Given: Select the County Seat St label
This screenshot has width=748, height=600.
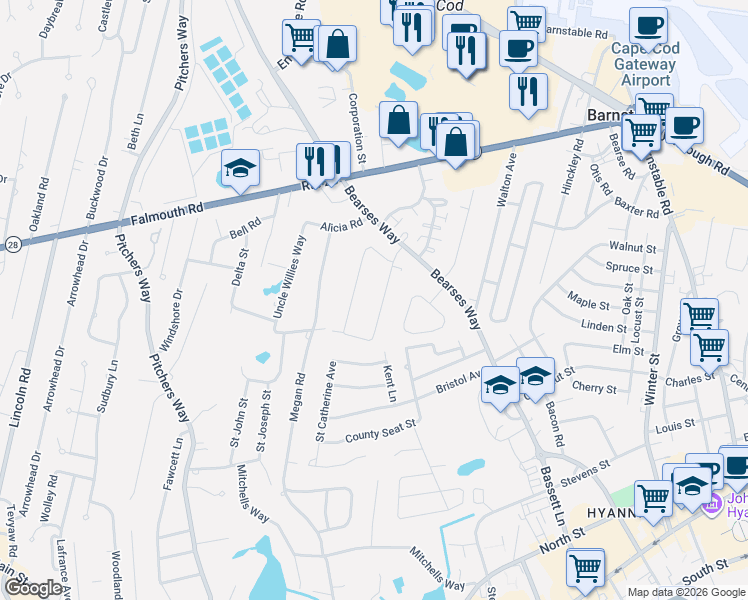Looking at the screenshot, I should coord(380,431).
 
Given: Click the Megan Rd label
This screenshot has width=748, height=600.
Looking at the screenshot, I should coord(297,397).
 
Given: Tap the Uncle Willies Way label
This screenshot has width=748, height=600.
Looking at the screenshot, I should coord(289,278).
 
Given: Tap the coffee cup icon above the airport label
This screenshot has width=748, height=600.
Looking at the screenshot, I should coord(648,24).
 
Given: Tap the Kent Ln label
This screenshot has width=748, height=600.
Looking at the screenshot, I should coord(389,384).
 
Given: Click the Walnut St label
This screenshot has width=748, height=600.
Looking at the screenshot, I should coord(632,247).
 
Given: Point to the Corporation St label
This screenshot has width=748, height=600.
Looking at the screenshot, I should coord(357,130).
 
